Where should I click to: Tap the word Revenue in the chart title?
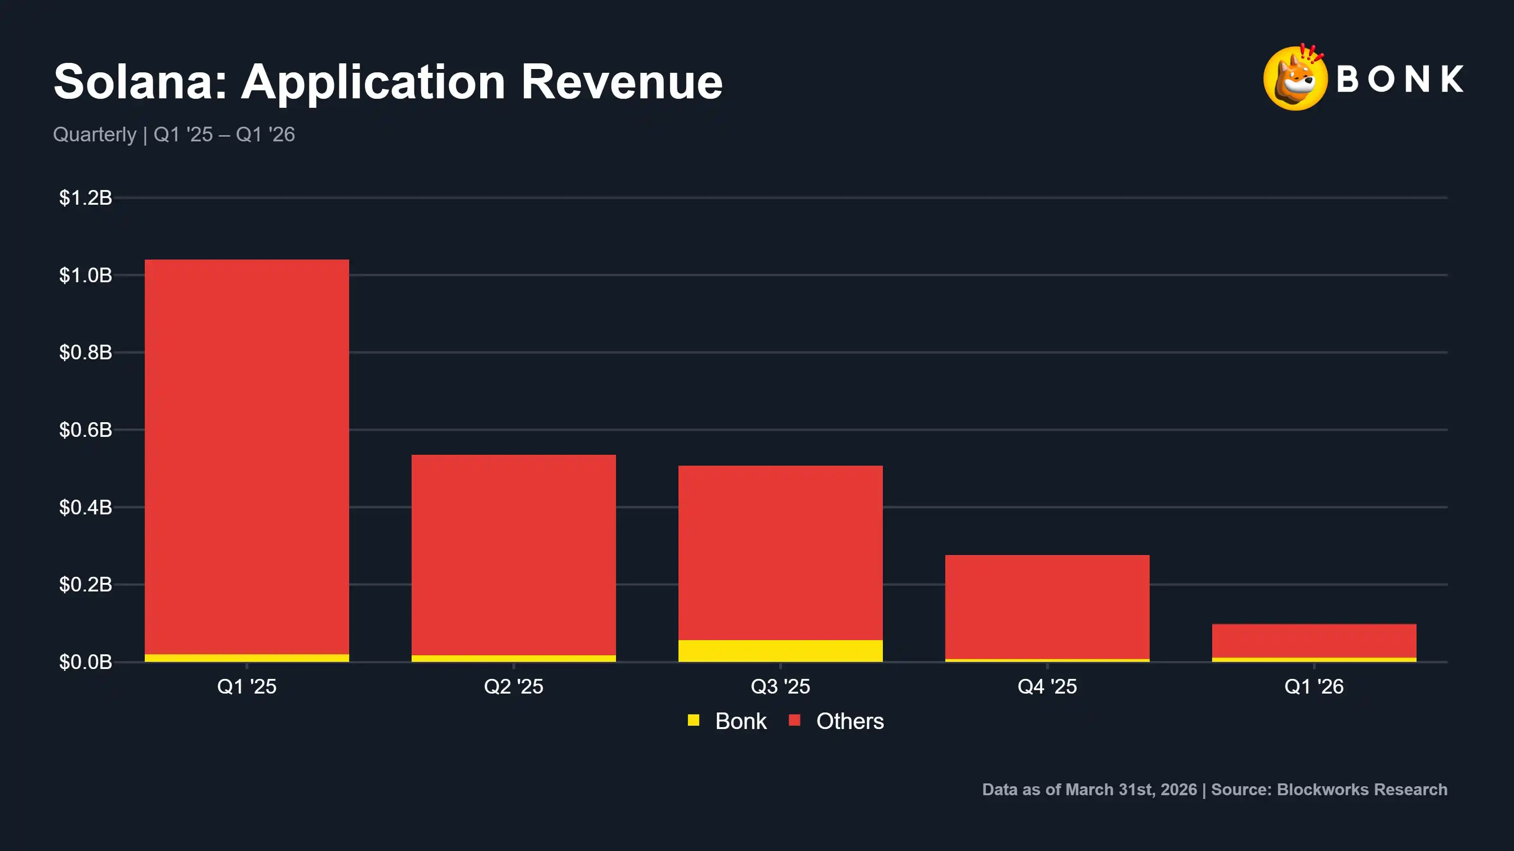[x=621, y=82]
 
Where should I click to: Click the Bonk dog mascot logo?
[x=1295, y=78]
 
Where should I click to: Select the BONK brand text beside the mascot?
[x=1400, y=79]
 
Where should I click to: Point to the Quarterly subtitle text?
[x=95, y=134]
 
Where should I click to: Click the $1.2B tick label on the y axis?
[x=85, y=198]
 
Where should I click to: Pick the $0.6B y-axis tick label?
[x=85, y=430]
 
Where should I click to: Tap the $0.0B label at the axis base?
[x=85, y=662]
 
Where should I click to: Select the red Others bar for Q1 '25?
[x=247, y=456]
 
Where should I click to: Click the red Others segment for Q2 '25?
[x=514, y=555]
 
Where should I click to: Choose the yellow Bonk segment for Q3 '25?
[x=781, y=651]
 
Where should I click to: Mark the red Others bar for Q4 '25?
[x=1047, y=607]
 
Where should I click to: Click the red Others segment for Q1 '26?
[x=1314, y=641]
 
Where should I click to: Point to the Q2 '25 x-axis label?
[x=514, y=686]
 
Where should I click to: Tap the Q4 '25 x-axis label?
[x=1047, y=686]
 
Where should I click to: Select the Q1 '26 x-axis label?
[x=1314, y=686]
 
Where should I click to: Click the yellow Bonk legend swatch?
[x=694, y=720]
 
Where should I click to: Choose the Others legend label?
[x=850, y=721]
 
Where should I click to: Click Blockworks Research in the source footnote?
[x=1362, y=790]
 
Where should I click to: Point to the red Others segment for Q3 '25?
[x=781, y=553]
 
